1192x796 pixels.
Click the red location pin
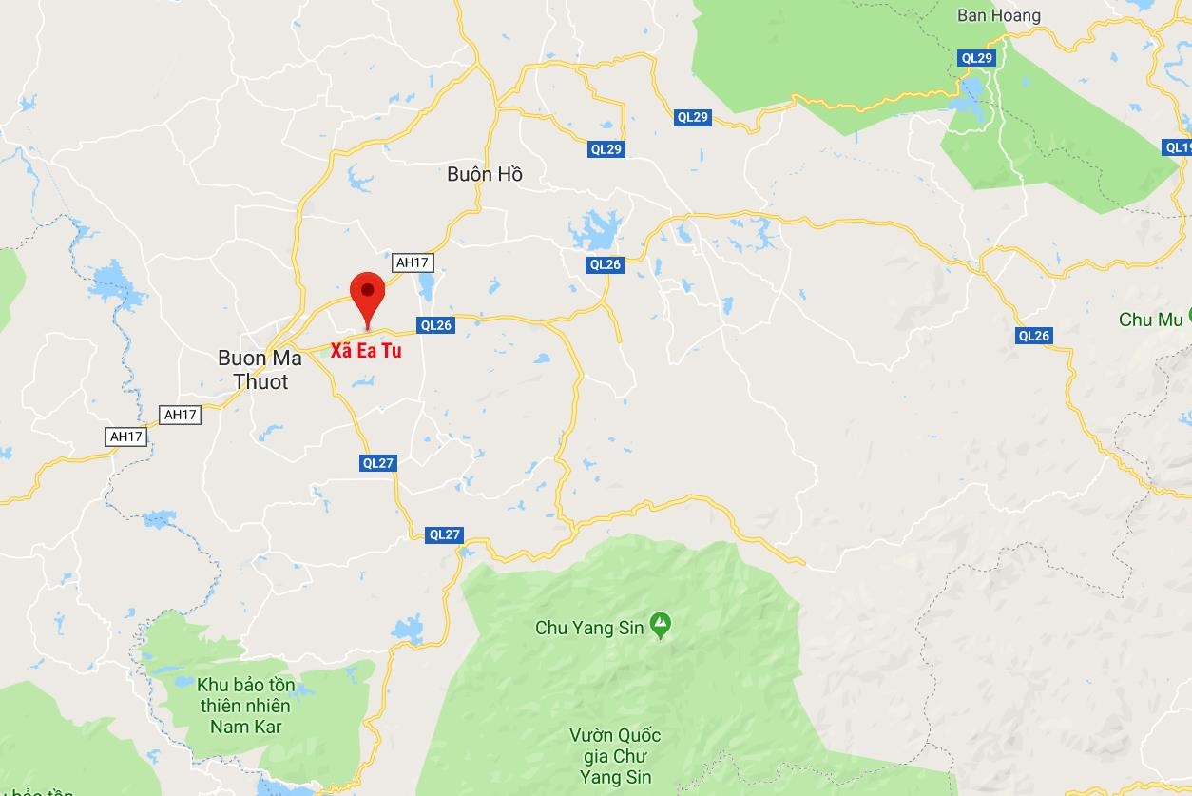(367, 294)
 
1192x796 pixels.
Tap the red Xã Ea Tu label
(366, 351)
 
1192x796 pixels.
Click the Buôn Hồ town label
(485, 174)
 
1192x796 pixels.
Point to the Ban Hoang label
(998, 15)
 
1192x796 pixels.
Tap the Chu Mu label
(1150, 320)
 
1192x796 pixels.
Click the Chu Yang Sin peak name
(590, 628)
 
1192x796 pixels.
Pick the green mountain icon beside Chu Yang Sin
(660, 626)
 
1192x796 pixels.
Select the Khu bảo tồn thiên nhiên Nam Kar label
(245, 706)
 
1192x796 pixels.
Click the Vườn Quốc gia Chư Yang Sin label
(615, 757)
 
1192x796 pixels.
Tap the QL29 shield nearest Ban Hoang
(976, 58)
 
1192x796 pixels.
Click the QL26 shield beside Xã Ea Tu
(435, 325)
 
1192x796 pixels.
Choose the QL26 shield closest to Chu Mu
(1033, 336)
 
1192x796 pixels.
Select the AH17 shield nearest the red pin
(413, 262)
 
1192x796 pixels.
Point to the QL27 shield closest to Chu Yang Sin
(444, 534)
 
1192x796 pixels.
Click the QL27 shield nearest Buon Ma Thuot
(377, 463)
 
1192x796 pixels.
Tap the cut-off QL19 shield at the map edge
(1178, 147)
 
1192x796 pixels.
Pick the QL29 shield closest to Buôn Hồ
(606, 149)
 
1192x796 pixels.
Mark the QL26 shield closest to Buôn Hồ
(605, 264)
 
